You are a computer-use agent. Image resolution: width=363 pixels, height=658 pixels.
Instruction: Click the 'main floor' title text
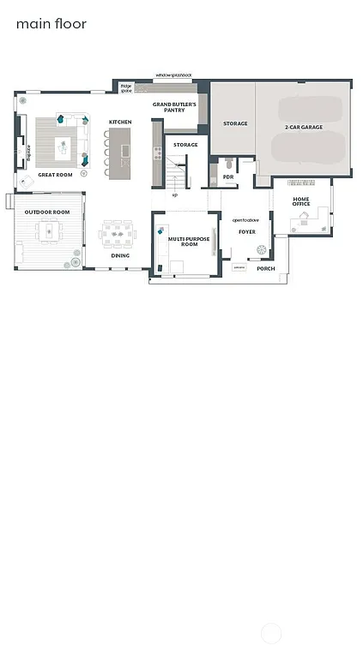[x=51, y=24]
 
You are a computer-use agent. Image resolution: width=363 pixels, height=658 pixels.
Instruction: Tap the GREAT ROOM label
[x=55, y=175]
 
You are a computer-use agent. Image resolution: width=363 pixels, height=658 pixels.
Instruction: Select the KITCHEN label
[x=120, y=123]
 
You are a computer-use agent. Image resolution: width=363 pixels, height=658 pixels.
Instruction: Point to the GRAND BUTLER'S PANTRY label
[x=174, y=107]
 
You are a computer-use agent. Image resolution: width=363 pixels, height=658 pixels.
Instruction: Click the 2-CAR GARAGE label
[x=303, y=128]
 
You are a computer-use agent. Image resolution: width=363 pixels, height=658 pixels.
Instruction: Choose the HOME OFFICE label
[x=300, y=202]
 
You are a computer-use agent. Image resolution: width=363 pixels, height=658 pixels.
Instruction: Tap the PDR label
[x=228, y=177]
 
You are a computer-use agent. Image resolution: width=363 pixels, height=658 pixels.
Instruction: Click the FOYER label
[x=247, y=232]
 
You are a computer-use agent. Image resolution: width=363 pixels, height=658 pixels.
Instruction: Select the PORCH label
[x=266, y=269]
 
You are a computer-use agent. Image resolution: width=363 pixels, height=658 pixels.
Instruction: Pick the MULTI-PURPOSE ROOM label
[x=189, y=242]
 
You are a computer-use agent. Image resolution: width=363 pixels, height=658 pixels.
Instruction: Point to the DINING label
[x=120, y=255]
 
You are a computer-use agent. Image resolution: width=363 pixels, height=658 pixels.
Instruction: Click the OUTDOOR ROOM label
[x=47, y=212]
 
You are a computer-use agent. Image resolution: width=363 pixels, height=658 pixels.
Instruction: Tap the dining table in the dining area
[x=117, y=234]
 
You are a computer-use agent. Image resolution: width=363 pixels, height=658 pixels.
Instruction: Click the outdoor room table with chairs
[x=48, y=231]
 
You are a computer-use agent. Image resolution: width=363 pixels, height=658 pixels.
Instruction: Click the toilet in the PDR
[x=228, y=163]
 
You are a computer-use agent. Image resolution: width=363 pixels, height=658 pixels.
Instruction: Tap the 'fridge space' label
[x=126, y=87]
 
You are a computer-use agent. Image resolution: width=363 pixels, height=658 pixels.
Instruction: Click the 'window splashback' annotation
[x=174, y=76]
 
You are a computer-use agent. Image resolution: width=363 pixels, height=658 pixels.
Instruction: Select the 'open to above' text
[x=246, y=220]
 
